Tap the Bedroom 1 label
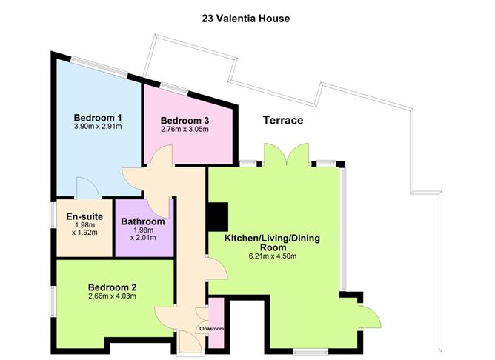tap(98, 118)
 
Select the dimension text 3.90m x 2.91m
tap(98, 127)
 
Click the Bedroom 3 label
tap(185, 121)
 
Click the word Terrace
tap(282, 121)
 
